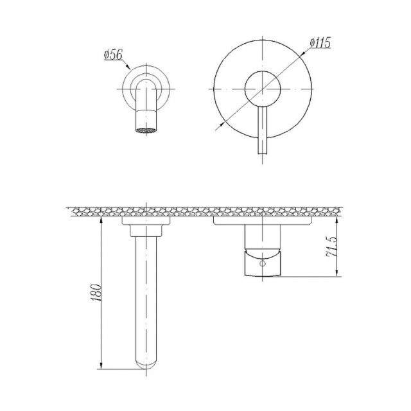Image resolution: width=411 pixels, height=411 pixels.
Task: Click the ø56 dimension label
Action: (113, 55)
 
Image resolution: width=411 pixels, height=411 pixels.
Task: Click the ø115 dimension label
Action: (320, 42)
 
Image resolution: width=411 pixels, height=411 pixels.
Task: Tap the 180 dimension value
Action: (96, 292)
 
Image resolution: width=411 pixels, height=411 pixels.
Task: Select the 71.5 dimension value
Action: (331, 247)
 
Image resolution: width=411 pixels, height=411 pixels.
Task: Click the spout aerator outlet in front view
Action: (146, 130)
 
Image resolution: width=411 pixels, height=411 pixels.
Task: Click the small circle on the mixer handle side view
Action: (263, 264)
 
